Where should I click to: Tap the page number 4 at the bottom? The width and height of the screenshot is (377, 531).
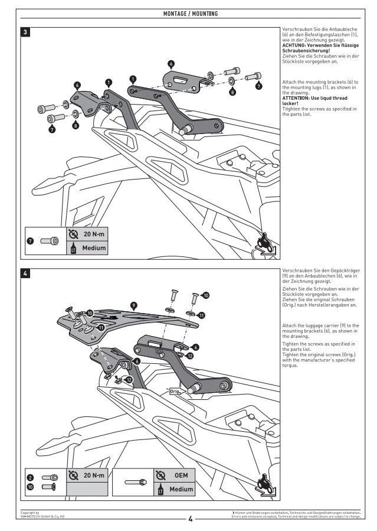pyautogui.click(x=190, y=519)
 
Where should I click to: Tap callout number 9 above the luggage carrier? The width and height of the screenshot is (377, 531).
pyautogui.click(x=135, y=305)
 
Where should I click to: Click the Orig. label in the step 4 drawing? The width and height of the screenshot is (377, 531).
pyautogui.click(x=175, y=391)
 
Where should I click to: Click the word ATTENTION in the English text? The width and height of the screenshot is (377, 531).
pyautogui.click(x=297, y=98)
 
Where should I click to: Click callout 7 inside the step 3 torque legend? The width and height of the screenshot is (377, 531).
pyautogui.click(x=31, y=241)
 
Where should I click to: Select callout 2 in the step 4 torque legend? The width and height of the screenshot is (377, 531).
pyautogui.click(x=31, y=477)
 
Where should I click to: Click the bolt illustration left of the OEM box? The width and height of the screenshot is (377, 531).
pyautogui.click(x=134, y=482)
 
